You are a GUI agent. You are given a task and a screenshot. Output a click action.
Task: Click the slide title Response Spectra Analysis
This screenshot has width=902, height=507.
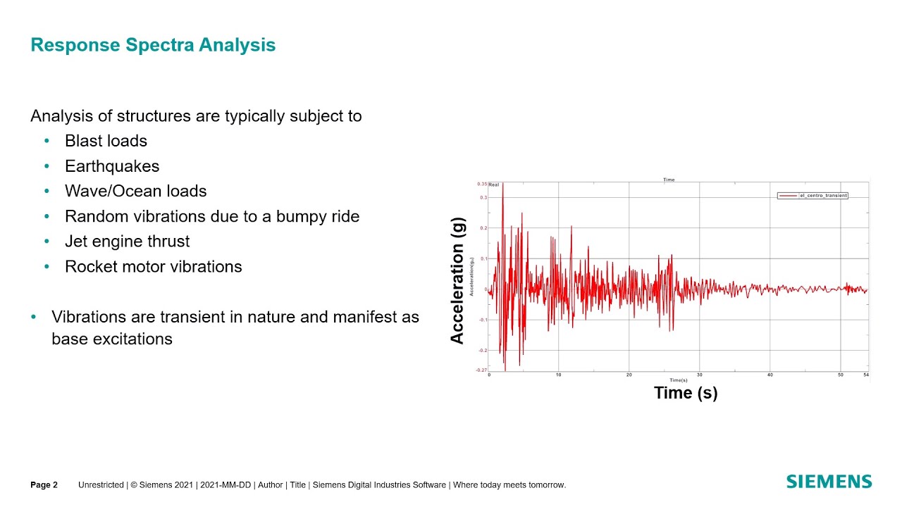153,45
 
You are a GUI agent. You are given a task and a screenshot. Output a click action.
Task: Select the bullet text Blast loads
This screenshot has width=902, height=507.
106,141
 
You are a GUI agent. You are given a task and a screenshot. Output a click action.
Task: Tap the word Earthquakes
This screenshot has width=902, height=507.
112,166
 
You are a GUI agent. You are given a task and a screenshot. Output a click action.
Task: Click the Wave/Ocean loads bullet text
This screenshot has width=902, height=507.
135,191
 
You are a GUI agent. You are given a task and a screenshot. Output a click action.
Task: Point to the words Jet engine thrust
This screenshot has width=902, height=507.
127,242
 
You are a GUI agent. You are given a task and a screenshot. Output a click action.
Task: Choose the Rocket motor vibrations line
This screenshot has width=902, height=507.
153,267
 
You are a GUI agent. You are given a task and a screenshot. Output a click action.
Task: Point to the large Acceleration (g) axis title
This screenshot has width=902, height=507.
457,280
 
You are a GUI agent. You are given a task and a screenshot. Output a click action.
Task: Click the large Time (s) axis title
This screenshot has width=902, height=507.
686,393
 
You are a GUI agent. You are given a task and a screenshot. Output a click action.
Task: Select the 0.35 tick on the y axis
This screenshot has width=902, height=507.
482,184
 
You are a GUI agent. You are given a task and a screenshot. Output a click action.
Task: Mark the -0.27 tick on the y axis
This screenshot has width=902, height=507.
481,370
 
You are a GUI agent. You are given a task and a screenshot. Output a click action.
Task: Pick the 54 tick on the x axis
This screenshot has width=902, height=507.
866,375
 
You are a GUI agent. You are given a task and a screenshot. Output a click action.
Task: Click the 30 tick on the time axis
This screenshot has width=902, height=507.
699,375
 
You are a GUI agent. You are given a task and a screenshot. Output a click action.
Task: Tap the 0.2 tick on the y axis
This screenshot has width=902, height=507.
483,228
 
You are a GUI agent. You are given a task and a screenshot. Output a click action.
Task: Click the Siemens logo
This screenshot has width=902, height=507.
829,482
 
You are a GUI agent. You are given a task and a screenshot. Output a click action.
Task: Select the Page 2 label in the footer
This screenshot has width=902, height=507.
44,484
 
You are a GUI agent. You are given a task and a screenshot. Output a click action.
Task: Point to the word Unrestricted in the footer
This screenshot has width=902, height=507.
101,484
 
